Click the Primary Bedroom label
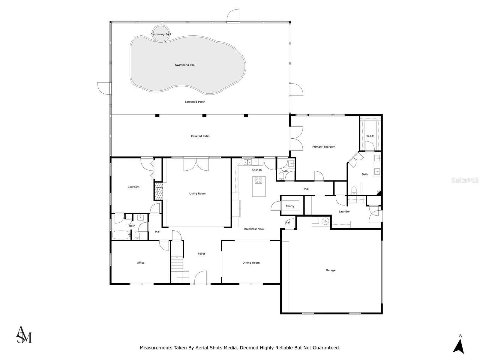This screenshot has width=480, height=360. [323, 147]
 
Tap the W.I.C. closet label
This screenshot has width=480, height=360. [370, 136]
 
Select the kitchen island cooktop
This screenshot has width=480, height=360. [258, 180]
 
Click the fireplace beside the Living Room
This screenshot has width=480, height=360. [158, 191]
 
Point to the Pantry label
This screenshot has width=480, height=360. [290, 206]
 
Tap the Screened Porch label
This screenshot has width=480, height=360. [195, 102]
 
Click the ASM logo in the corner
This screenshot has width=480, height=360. [23, 334]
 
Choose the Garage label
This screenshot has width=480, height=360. [331, 270]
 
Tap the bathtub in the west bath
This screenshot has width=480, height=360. [121, 235]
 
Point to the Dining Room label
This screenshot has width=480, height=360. [251, 263]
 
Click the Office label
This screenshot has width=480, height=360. [140, 263]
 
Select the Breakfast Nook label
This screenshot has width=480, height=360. [254, 229]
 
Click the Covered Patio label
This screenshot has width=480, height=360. [200, 136]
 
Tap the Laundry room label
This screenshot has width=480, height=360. [344, 211]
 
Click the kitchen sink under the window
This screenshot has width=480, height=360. [247, 162]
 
